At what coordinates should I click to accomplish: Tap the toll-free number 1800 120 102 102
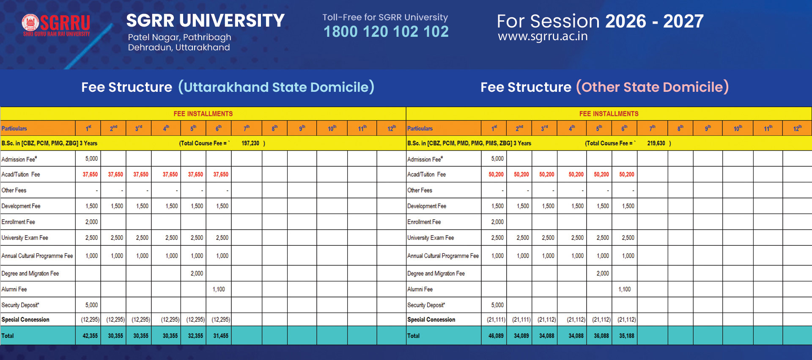386,32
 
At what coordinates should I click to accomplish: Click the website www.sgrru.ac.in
543,36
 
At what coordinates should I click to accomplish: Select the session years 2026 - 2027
654,21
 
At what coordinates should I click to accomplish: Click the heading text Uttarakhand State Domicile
276,87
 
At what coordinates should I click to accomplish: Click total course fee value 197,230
250,143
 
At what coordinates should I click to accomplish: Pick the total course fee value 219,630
656,143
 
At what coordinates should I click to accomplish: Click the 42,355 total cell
90,336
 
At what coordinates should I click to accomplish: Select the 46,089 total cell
496,336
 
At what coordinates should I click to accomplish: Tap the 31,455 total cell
220,336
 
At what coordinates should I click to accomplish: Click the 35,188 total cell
626,336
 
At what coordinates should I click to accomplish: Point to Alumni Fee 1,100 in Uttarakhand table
219,289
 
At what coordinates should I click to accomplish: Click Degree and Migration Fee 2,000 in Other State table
603,274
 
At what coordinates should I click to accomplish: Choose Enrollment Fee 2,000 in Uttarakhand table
91,222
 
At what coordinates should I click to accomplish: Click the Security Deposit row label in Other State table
426,305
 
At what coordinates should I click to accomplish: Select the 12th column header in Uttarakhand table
392,128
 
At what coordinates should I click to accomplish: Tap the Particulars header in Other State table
420,129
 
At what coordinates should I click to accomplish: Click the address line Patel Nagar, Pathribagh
179,37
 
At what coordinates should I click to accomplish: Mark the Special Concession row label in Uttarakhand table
25,320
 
